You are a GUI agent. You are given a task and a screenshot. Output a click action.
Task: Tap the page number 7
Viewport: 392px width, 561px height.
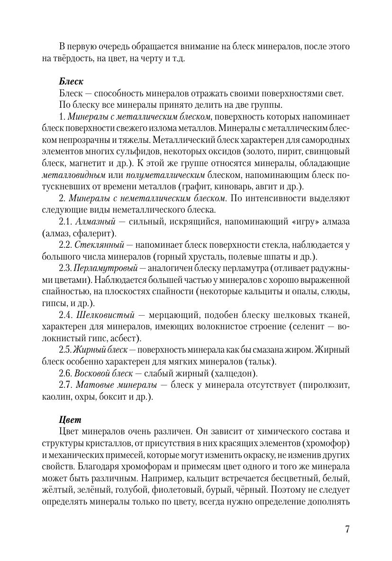pos(347,530)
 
